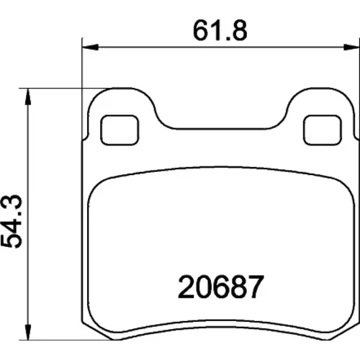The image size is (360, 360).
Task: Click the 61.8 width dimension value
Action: tap(220, 30)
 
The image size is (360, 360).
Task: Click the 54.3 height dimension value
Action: tap(12, 222)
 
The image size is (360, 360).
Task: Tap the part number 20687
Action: tap(221, 287)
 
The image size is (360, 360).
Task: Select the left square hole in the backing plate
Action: tap(120, 130)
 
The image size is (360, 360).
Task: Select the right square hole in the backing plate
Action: tap(323, 130)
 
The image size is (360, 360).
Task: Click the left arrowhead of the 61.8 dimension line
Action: tap(90, 47)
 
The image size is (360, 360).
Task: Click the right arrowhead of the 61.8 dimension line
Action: tap(351, 47)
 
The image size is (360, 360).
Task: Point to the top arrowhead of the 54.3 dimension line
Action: tap(28, 96)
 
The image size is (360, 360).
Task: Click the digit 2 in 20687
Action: tap(186, 287)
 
